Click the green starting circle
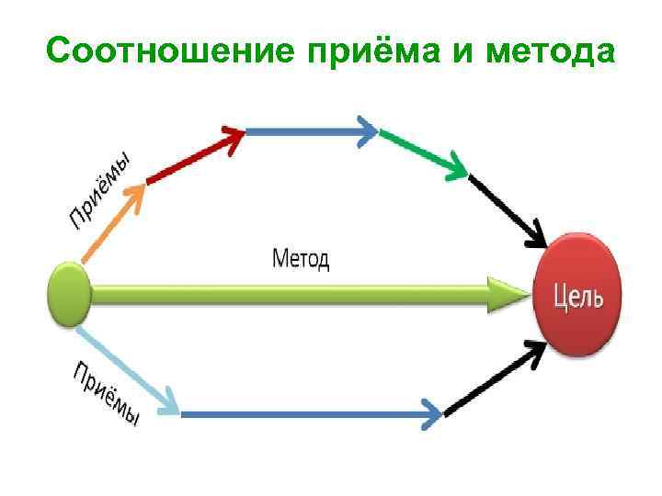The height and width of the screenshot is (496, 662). tap(69, 294)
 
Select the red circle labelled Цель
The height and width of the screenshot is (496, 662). tap(578, 294)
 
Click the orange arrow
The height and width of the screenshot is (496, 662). tap(115, 220)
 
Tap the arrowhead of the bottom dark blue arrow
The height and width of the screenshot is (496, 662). tap(432, 414)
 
